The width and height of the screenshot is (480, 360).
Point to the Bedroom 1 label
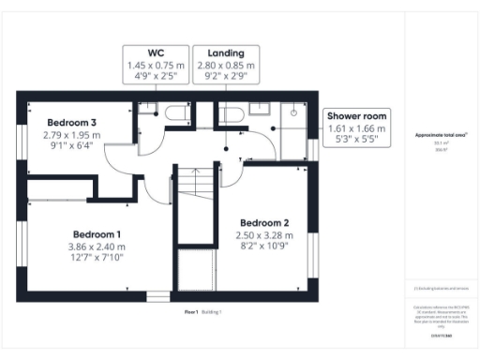[97, 233]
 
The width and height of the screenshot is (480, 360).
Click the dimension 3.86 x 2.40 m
[97, 246]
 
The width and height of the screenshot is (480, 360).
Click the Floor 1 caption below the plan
[191, 310]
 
